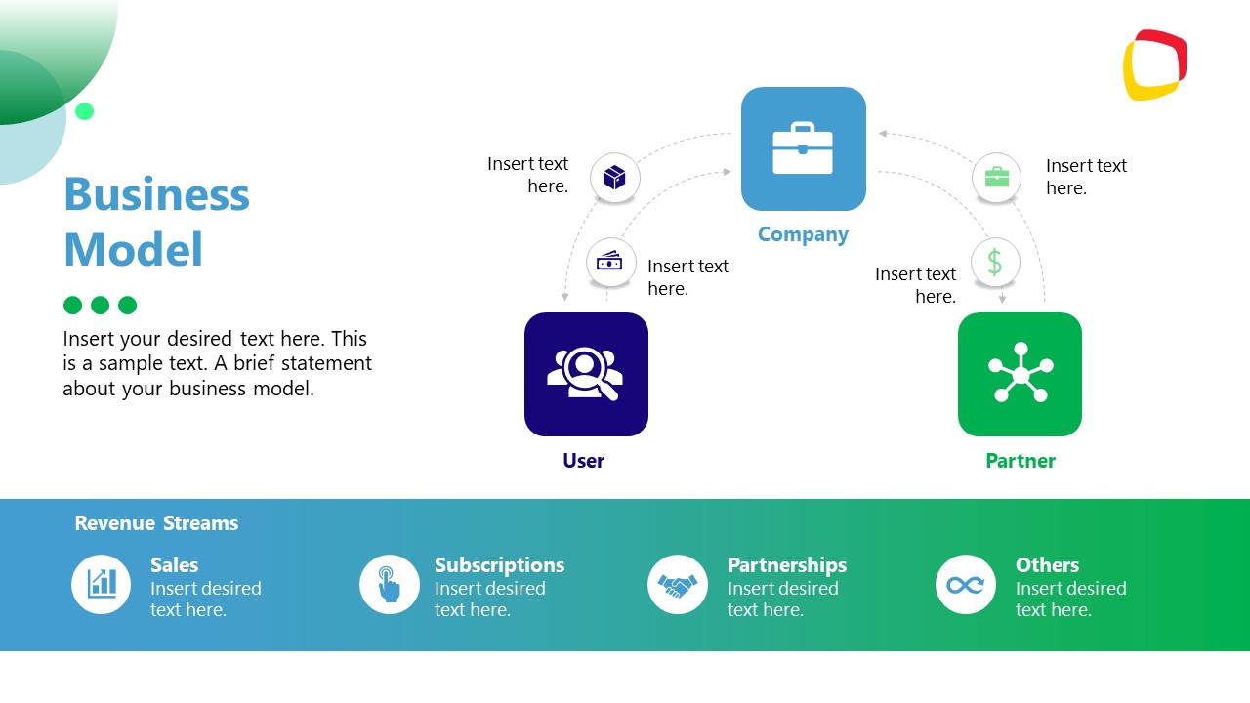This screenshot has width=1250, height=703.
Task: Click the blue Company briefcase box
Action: click(x=803, y=148)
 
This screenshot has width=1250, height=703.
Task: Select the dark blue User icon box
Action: click(x=586, y=374)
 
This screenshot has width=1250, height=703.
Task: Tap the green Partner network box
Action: click(x=1020, y=374)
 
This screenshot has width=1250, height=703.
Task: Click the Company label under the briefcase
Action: click(x=803, y=234)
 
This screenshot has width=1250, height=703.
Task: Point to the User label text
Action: click(x=583, y=461)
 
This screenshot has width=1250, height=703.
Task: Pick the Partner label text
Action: click(x=1021, y=461)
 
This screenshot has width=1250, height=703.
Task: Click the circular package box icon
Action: click(x=614, y=178)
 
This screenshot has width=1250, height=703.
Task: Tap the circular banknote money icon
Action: click(x=610, y=262)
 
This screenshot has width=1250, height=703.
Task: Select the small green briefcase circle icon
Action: click(x=996, y=178)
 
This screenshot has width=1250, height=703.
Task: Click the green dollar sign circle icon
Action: click(x=995, y=262)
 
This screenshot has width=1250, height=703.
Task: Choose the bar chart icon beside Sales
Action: click(x=102, y=584)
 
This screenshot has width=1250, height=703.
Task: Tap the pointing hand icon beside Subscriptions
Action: click(x=389, y=584)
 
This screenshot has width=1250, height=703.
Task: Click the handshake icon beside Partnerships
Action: click(x=677, y=584)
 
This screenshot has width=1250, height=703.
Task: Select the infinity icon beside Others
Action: click(x=965, y=584)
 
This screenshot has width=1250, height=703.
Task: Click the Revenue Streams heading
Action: click(x=156, y=523)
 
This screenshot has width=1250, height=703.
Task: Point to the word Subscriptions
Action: click(x=499, y=565)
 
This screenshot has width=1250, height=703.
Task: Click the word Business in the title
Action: click(x=156, y=194)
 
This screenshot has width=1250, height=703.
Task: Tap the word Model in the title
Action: click(x=134, y=249)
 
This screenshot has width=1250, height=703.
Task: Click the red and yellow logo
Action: click(x=1155, y=64)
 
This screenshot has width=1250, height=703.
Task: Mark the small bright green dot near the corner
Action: click(x=85, y=111)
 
